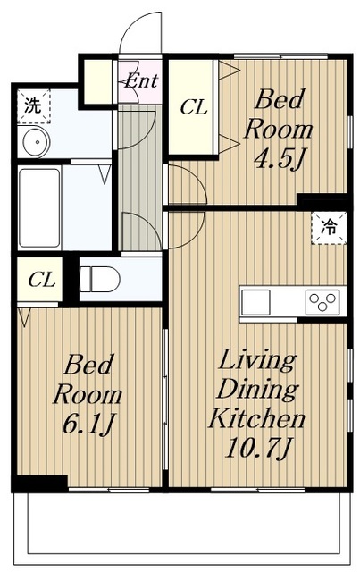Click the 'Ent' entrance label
click(x=140, y=81)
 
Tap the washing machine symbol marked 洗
click(x=34, y=106)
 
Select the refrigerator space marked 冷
click(x=329, y=228)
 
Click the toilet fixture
click(x=99, y=279)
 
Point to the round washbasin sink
click(x=36, y=141)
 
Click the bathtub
click(x=39, y=207)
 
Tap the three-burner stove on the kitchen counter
click(x=322, y=302)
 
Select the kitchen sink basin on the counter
click(x=255, y=302)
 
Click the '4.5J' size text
click(x=280, y=159)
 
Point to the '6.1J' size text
click(x=88, y=424)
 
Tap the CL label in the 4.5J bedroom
click(x=194, y=107)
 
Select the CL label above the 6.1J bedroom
click(x=42, y=280)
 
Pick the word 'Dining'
click(x=258, y=390)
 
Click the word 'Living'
click(x=257, y=361)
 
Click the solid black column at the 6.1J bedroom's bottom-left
click(x=39, y=484)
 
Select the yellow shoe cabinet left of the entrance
click(x=98, y=81)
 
